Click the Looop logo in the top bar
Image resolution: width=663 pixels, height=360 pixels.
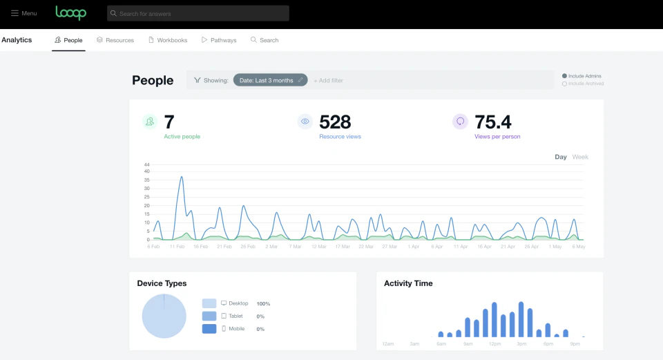71,13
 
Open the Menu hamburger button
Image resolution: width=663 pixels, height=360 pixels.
24,13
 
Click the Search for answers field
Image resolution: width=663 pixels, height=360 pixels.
198,13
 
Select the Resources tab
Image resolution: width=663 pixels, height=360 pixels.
115,40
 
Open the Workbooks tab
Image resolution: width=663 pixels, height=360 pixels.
168,40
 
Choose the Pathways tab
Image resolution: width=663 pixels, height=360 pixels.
219,40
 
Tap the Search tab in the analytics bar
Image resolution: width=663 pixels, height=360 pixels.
265,40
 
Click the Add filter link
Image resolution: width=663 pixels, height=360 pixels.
329,81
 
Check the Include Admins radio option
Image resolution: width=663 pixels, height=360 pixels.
565,76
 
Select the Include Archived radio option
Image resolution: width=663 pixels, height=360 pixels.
565,84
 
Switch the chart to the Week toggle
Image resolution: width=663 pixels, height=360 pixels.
580,157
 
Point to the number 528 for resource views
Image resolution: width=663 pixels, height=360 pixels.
335,122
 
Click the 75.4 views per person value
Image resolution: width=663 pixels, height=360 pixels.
493,122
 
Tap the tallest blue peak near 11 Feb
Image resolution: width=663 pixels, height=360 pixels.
182,177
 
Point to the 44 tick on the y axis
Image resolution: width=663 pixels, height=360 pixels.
146,164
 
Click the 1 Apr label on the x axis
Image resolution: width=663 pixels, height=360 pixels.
414,246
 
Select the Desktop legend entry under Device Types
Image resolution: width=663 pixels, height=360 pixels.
238,303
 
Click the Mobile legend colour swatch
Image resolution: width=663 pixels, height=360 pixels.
209,329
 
